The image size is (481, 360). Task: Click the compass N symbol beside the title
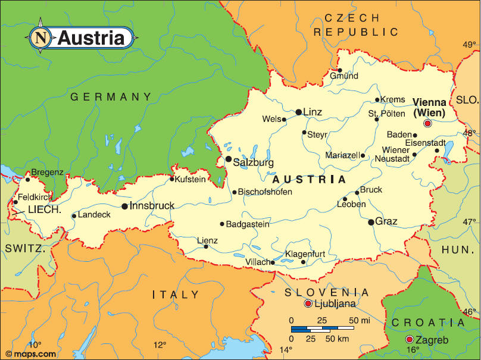coord(40,37)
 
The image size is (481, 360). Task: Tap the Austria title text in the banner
coord(91,38)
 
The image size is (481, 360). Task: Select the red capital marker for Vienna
coord(427,124)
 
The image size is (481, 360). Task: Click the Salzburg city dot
coord(228,159)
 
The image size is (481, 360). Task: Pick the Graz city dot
coord(371,222)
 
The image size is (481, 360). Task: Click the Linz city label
coord(313,112)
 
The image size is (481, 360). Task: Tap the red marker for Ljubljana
coord(308,304)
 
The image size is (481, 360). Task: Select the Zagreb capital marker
coord(409,339)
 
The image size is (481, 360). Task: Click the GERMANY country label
coord(111,96)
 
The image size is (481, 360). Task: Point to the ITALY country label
coord(176,295)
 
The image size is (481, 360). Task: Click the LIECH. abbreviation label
coord(45,209)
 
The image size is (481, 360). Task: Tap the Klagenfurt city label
coord(305,254)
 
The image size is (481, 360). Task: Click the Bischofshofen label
coord(266,192)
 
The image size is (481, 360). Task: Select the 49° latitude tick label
coord(470,45)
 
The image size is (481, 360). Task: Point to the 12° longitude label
coord(160,345)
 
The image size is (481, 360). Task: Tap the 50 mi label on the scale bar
coord(360,321)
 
